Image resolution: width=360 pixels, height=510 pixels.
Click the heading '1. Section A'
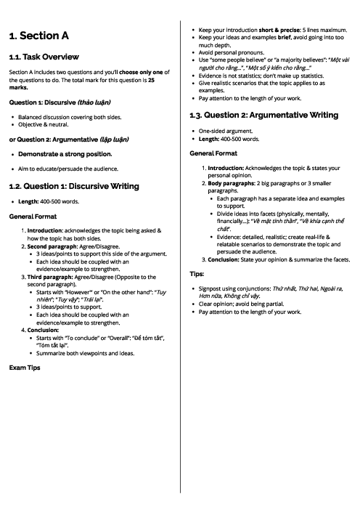[40, 36]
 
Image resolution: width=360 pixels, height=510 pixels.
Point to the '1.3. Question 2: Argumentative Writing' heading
[263, 115]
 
